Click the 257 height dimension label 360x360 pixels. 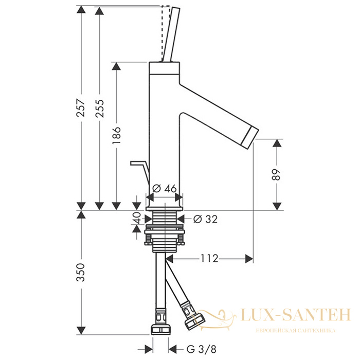click(x=81, y=108)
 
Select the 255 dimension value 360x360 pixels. click(x=99, y=109)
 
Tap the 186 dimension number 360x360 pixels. click(x=116, y=135)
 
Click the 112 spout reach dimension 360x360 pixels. click(x=209, y=259)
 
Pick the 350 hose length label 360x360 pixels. click(x=81, y=273)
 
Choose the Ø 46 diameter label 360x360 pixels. click(x=165, y=189)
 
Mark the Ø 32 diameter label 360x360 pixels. click(x=205, y=219)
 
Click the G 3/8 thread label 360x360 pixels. click(x=202, y=350)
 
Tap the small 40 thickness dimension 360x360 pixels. click(x=137, y=218)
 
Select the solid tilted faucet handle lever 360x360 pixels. click(x=171, y=34)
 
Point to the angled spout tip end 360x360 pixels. click(x=252, y=136)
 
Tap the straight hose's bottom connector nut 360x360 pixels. click(x=160, y=328)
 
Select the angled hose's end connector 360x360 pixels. click(x=195, y=320)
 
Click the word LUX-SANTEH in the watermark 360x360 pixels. click(x=296, y=315)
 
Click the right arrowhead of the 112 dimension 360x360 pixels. click(x=249, y=259)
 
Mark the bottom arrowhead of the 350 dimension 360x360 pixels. click(x=81, y=331)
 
